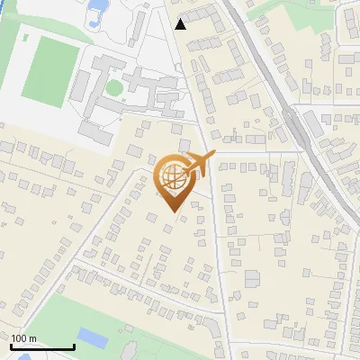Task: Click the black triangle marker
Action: click(x=181, y=24)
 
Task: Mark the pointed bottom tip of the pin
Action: click(x=174, y=211)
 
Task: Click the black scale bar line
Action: click(x=41, y=347)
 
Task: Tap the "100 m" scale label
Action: click(x=23, y=338)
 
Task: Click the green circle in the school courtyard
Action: click(x=113, y=88)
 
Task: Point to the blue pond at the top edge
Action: click(x=96, y=13)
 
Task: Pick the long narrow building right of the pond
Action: click(x=136, y=22)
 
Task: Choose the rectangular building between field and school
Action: click(x=80, y=86)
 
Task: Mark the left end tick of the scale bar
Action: click(x=11, y=346)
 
